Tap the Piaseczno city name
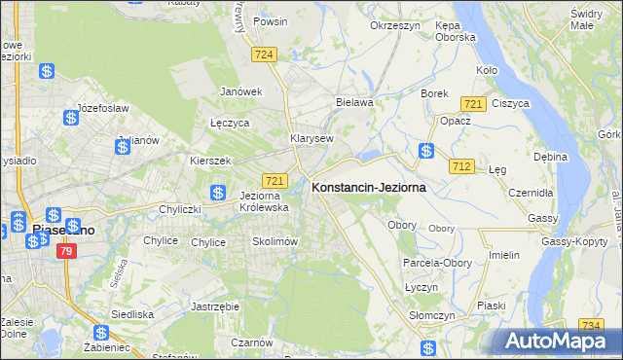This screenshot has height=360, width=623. pyautogui.click(x=63, y=231)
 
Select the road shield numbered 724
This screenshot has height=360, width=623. pyautogui.click(x=261, y=55)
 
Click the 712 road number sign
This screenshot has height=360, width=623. pyautogui.click(x=461, y=167)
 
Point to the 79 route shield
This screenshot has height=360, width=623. pyautogui.click(x=66, y=251)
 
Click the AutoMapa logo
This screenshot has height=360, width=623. pyautogui.click(x=553, y=342)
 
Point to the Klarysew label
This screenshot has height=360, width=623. pyautogui.click(x=311, y=138)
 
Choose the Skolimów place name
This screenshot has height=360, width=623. pyautogui.click(x=274, y=241)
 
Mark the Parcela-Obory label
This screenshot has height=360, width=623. pyautogui.click(x=437, y=263)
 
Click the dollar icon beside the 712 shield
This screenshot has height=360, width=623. pyautogui.click(x=426, y=151)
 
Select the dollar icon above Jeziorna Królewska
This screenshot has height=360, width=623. pyautogui.click(x=218, y=193)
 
